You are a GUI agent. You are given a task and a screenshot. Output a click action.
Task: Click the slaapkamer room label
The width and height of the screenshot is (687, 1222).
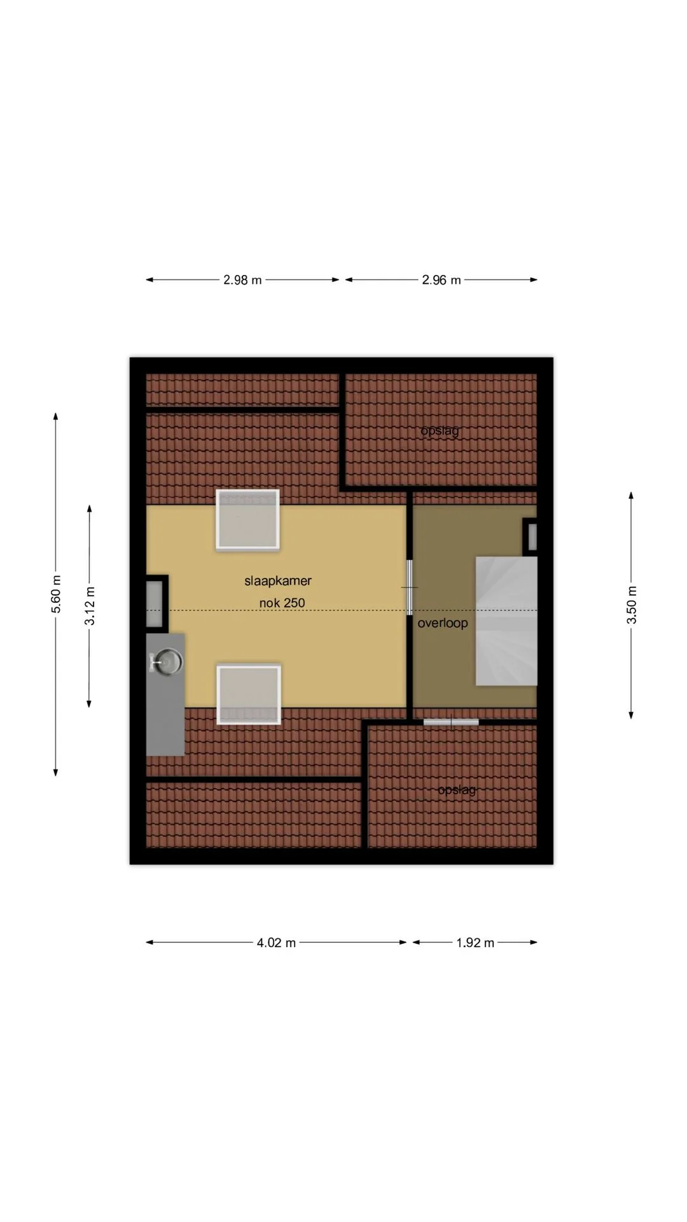(x=278, y=581)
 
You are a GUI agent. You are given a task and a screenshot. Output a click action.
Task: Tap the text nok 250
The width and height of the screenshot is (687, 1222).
(x=282, y=603)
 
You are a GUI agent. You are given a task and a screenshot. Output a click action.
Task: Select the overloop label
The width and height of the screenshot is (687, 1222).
(x=443, y=623)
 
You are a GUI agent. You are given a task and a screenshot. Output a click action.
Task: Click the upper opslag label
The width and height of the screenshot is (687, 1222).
(x=440, y=431)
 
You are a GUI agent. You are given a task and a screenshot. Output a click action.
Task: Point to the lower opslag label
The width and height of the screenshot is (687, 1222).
(x=457, y=790)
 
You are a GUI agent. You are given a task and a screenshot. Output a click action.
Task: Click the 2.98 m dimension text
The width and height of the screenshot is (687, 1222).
(x=242, y=280)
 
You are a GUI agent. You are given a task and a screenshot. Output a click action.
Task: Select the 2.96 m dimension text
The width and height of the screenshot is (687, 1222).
(x=441, y=280)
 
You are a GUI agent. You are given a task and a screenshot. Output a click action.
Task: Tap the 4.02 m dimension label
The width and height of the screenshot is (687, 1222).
(x=276, y=943)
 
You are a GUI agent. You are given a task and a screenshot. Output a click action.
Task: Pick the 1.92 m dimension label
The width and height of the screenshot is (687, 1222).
(x=475, y=943)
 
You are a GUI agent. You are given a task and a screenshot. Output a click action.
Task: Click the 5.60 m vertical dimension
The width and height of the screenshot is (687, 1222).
(x=56, y=594)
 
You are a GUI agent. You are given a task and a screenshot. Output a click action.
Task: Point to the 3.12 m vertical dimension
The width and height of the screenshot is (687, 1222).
(x=90, y=606)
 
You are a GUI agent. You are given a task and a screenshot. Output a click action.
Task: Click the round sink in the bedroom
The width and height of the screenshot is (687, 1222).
(x=167, y=661)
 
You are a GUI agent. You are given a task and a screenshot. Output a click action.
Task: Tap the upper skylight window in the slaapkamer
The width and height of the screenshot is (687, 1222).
(x=247, y=519)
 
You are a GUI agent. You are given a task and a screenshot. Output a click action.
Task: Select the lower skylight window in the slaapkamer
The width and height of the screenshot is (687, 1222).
(x=249, y=694)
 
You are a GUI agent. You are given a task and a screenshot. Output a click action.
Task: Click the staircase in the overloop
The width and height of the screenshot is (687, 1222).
(x=506, y=621)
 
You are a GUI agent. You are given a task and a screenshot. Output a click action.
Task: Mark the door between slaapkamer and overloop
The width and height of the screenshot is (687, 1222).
(x=410, y=587)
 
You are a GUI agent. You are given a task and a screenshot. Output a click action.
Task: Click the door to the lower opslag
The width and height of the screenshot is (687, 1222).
(x=451, y=722)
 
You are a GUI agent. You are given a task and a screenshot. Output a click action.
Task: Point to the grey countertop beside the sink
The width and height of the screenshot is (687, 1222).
(x=165, y=694)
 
